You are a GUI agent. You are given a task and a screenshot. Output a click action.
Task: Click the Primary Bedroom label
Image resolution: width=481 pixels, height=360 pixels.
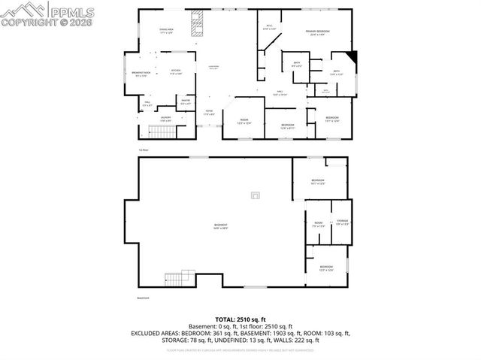[319, 32]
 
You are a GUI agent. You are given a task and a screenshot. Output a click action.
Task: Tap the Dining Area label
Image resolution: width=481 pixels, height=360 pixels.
[166, 32]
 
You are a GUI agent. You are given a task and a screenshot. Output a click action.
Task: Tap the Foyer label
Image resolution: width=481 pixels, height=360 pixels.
[210, 113]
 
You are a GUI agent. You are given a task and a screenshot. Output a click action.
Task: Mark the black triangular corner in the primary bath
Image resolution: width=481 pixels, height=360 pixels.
[355, 56]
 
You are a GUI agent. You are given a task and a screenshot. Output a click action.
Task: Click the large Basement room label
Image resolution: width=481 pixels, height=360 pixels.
[220, 226]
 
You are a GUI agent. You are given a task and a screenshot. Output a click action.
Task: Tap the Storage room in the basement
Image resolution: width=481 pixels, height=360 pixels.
[342, 222]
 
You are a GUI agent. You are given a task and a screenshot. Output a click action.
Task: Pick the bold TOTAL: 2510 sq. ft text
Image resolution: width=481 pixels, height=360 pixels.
[240, 319]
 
